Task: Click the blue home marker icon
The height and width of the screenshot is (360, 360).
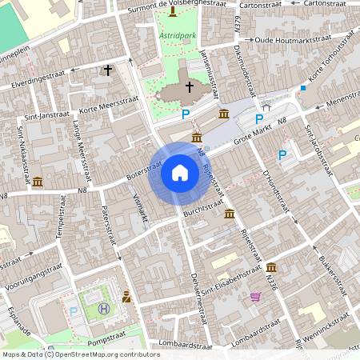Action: click(x=180, y=173)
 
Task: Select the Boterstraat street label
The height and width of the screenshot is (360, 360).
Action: click(x=144, y=172)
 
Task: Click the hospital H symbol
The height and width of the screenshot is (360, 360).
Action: click(x=103, y=309)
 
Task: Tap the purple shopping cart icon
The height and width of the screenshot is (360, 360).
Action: click(x=256, y=297)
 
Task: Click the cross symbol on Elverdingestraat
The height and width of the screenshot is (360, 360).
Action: click(x=108, y=70)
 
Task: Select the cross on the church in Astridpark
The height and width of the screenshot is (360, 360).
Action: click(x=190, y=86)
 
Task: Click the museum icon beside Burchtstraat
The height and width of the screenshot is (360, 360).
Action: click(x=230, y=214)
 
